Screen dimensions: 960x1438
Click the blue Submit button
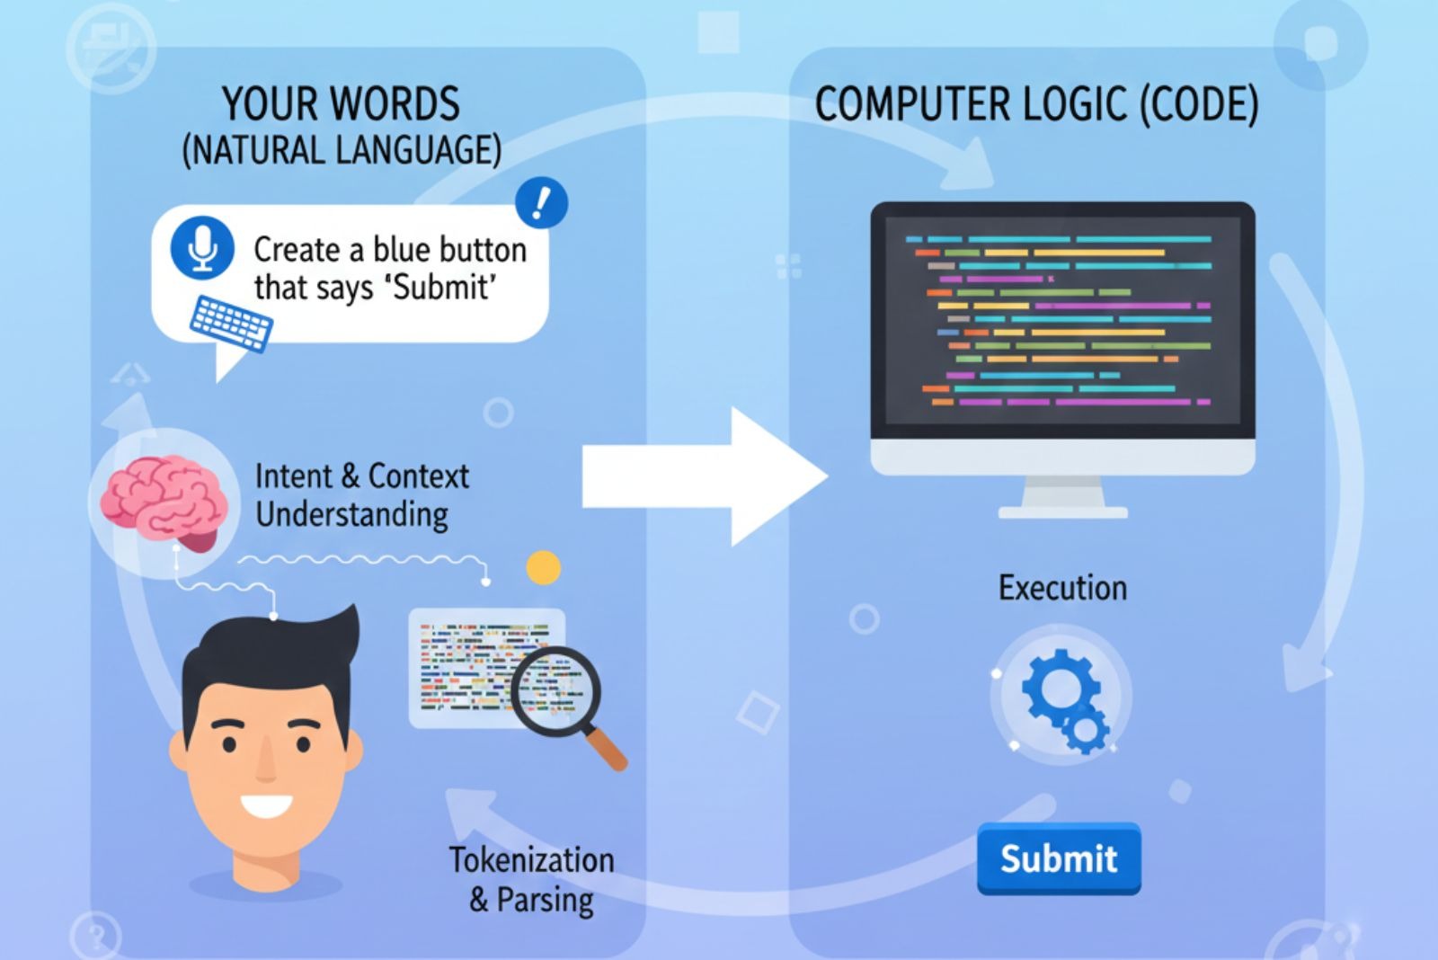click(x=1059, y=858)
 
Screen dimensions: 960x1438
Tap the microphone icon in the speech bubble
click(x=203, y=247)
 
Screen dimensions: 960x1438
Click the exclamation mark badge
click(x=541, y=202)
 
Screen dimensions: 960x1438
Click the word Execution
click(x=1062, y=588)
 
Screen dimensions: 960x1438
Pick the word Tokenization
click(x=531, y=860)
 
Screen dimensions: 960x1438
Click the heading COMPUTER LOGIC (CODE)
click(x=1036, y=105)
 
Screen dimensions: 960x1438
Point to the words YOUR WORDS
click(x=341, y=104)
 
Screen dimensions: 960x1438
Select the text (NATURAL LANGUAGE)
click(x=342, y=150)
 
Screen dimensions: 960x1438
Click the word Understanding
click(x=351, y=515)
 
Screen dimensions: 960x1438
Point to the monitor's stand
click(x=1063, y=499)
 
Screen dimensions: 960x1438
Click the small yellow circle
click(x=543, y=568)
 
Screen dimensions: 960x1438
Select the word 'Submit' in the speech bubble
click(x=445, y=288)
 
